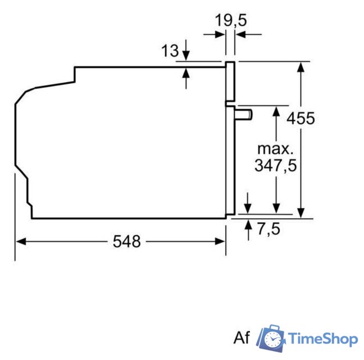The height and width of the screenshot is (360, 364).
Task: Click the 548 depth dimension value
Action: (x=126, y=241)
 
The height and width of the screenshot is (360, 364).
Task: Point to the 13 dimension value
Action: (x=170, y=51)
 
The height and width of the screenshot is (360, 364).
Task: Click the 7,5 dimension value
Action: (x=268, y=229)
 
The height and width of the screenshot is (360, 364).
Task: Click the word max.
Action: (x=275, y=149)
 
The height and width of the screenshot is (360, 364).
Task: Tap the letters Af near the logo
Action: (x=242, y=338)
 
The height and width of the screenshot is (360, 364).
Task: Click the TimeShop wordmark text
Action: (x=323, y=339)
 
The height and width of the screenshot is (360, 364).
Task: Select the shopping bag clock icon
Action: (x=272, y=339)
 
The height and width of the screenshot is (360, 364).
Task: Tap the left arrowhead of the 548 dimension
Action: (x=20, y=241)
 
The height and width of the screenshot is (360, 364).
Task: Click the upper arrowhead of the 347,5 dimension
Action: (x=276, y=110)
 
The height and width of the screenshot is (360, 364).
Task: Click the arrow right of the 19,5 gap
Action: (x=241, y=35)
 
